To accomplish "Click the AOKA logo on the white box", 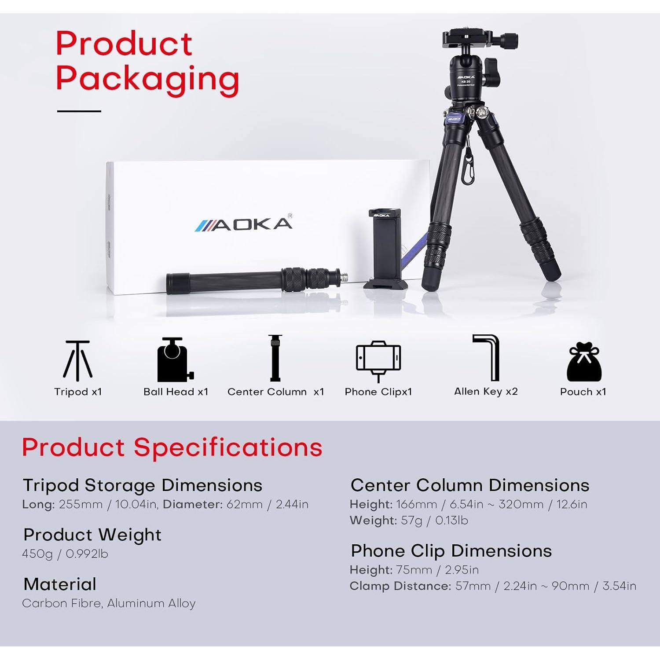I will (244, 224).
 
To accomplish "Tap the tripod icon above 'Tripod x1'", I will (78, 360).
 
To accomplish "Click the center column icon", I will (275, 358).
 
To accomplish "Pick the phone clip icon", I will (378, 360).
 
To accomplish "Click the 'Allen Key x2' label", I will (486, 392).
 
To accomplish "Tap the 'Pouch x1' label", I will (583, 392).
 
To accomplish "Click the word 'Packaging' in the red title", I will (147, 79).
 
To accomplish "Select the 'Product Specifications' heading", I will (172, 447).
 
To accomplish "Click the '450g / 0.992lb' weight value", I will (65, 554).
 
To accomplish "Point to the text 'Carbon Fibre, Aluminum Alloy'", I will (109, 603).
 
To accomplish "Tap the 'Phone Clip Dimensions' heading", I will (451, 551).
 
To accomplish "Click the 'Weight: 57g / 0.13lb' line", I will (409, 521).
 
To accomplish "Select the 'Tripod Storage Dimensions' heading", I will (143, 485).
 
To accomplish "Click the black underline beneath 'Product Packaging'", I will (79, 111).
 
